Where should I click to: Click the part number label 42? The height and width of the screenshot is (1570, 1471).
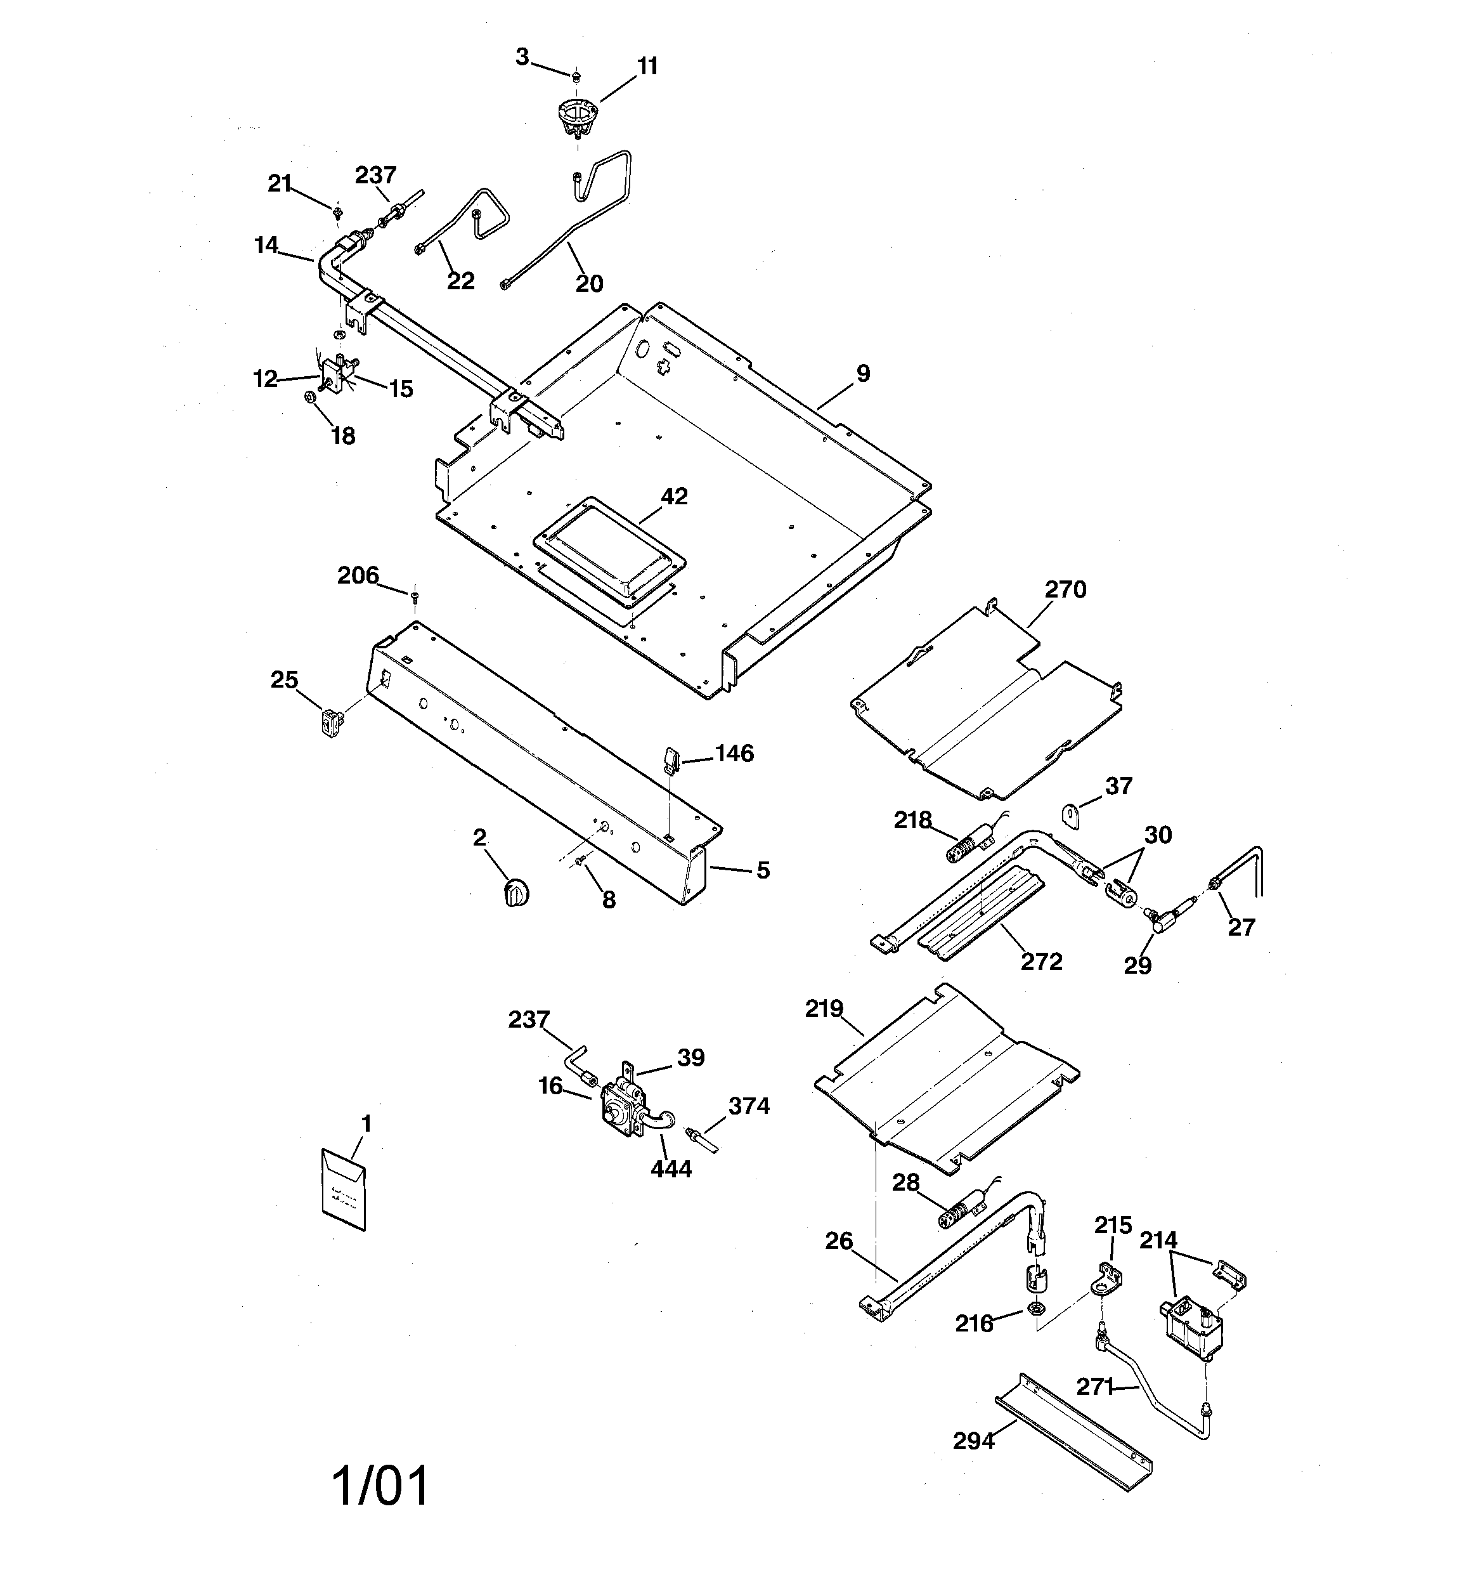point(674,496)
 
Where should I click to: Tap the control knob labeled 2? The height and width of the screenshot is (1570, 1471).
point(516,893)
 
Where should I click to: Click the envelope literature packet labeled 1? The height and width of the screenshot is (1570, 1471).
point(344,1190)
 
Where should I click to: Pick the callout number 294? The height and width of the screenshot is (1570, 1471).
point(973,1441)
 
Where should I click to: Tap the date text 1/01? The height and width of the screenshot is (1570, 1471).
point(380,1485)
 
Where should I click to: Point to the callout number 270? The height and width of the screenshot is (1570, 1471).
point(1065,589)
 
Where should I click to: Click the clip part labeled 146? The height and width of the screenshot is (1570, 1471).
point(670,760)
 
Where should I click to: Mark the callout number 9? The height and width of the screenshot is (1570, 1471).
point(862,374)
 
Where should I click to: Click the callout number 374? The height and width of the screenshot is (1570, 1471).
point(749,1106)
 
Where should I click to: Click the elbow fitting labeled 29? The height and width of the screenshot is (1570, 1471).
point(1158,920)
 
